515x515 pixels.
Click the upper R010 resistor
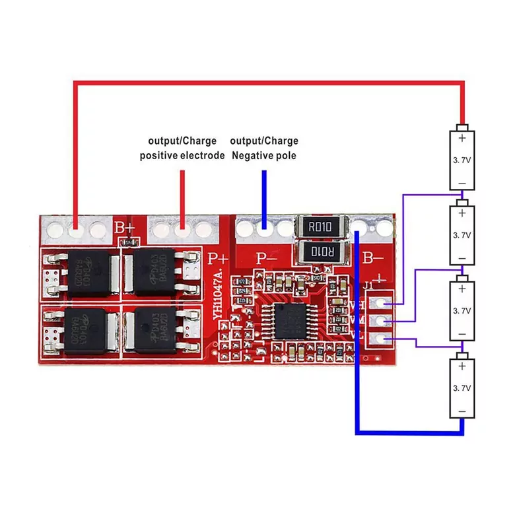[322, 228]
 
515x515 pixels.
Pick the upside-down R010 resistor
[322, 251]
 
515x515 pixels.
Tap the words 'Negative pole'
[263, 156]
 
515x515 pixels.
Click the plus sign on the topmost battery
[462, 138]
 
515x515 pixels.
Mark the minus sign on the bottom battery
[462, 411]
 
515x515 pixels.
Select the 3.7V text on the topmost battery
[462, 160]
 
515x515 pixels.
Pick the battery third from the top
[462, 310]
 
